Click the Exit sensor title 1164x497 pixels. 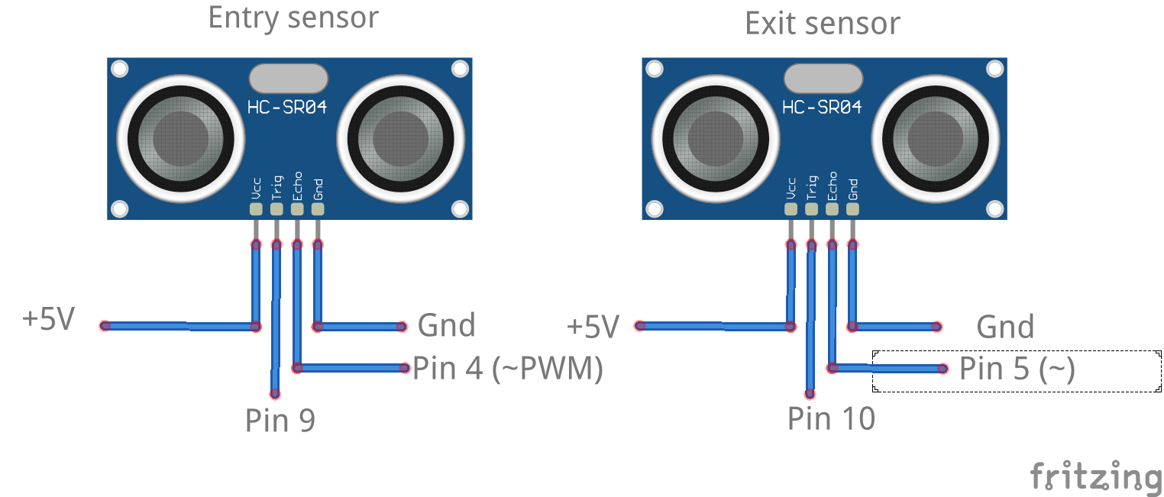coord(823,24)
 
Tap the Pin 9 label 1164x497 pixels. coord(280,420)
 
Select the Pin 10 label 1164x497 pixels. coord(832,418)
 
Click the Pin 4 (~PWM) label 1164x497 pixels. coord(508,369)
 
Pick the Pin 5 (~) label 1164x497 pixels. coord(1017,369)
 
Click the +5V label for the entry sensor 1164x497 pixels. coord(49,320)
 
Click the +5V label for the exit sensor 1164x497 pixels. coord(593,327)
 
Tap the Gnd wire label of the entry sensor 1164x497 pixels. coord(447,326)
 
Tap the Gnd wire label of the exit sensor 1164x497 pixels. coord(1005,328)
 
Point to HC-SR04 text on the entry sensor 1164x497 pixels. coord(287,108)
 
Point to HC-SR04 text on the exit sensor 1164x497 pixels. coord(823,108)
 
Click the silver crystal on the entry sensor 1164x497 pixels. coord(288,78)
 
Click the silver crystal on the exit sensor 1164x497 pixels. coord(823,78)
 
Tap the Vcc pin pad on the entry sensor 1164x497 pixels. coord(256,208)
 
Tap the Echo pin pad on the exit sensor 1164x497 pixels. coord(833,208)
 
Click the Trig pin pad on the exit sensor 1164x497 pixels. coord(812,208)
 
